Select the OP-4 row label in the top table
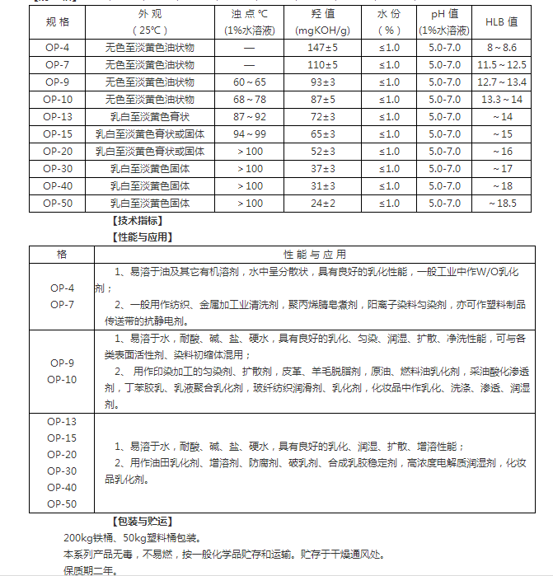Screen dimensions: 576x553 click(58, 48)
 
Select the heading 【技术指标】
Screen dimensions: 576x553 click(137, 221)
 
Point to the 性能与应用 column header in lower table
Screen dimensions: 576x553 click(315, 254)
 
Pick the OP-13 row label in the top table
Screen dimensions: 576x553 click(58, 116)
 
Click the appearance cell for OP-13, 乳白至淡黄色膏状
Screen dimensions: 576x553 click(150, 116)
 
